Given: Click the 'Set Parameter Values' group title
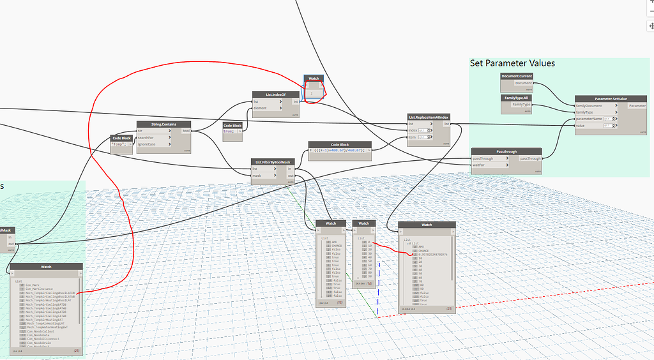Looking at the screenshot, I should tap(512, 63).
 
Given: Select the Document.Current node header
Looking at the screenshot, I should tap(517, 76).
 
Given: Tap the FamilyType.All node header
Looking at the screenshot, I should tap(517, 98).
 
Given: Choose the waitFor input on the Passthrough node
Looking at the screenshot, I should tap(482, 165).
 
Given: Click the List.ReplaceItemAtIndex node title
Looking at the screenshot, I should tap(429, 117).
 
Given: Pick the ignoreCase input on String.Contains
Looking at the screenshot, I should tap(149, 144).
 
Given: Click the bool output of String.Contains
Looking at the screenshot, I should tap(186, 131).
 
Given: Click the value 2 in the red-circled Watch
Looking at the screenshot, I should tap(311, 94).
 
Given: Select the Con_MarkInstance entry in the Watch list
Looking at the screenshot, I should tap(38, 290).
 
